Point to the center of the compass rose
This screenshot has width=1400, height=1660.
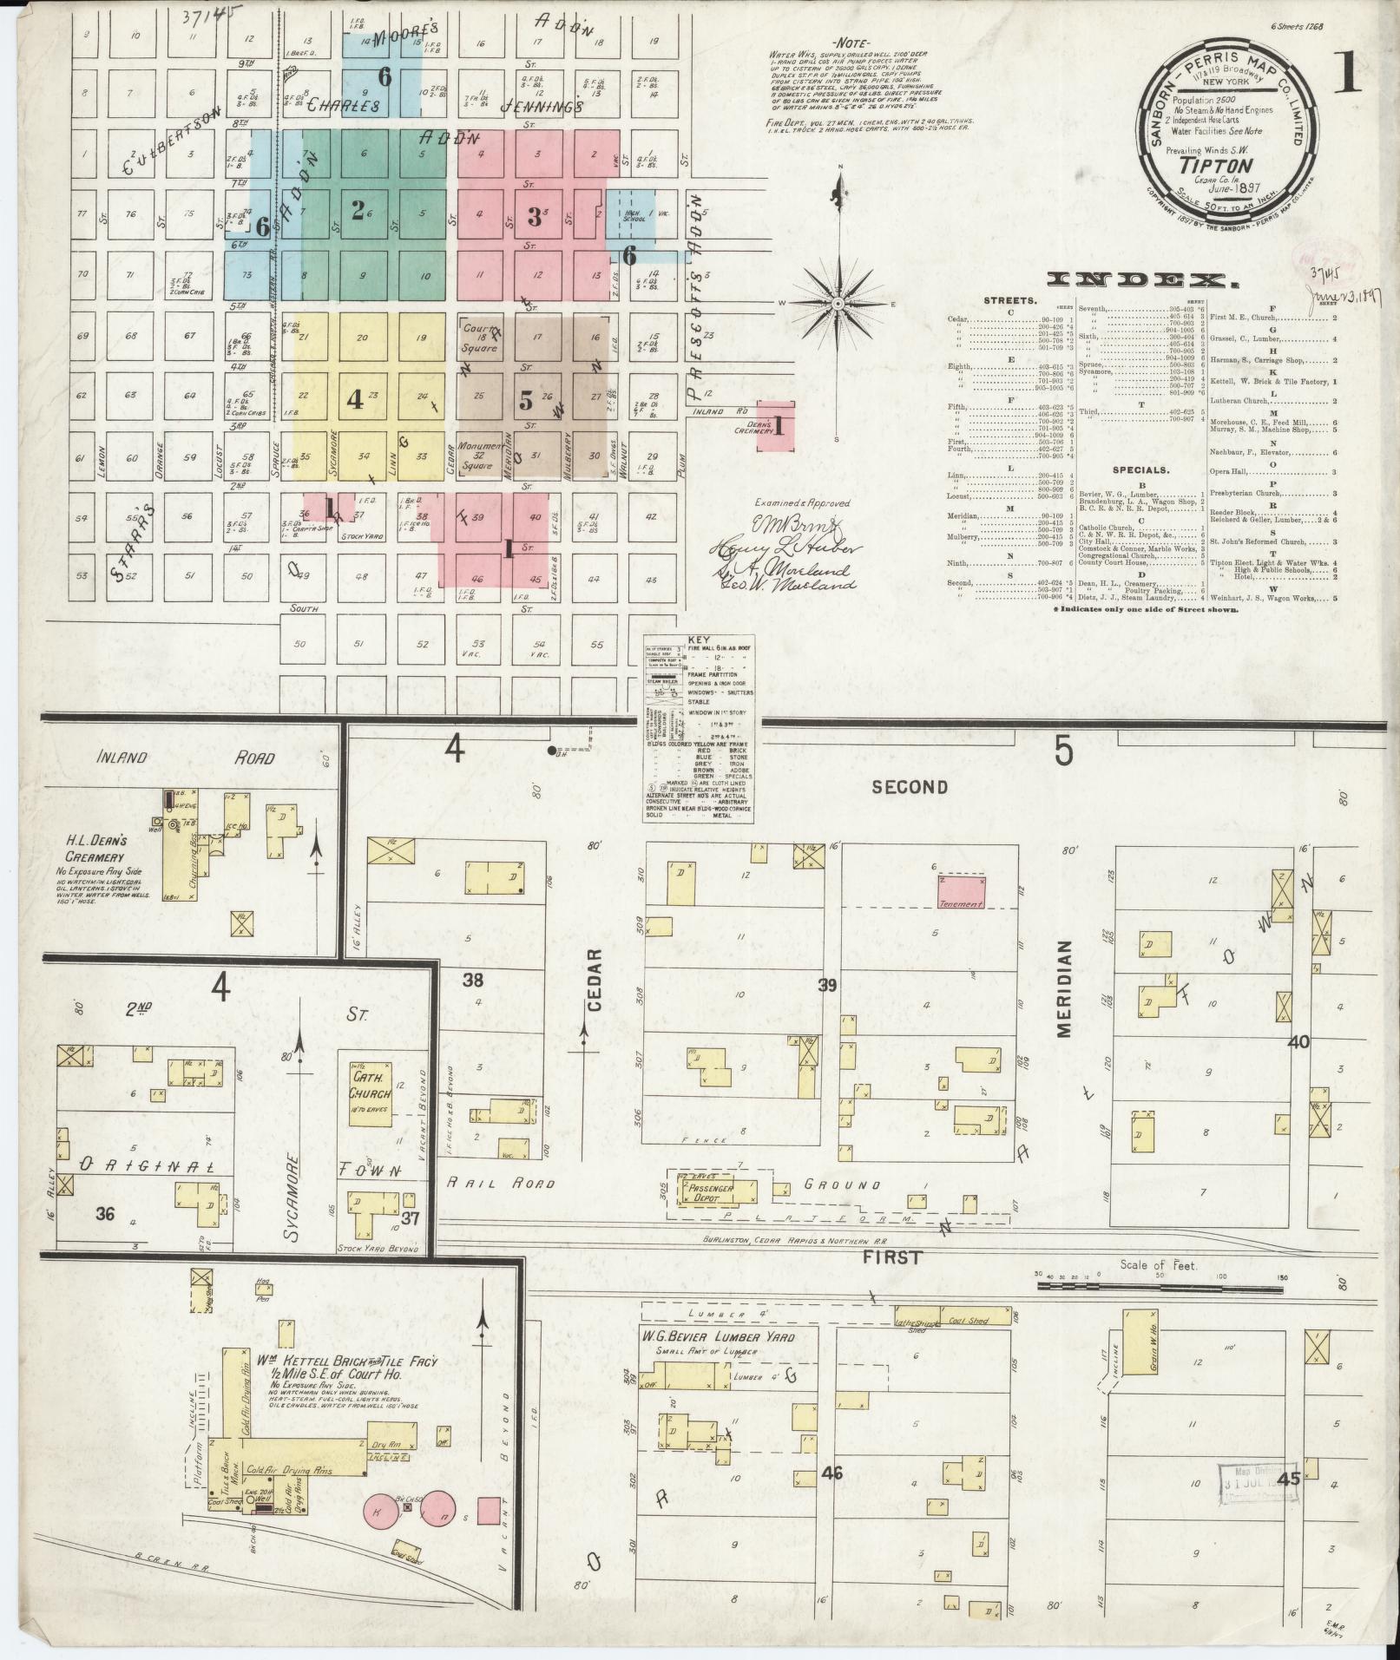pos(838,304)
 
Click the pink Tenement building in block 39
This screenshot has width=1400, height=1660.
pos(962,892)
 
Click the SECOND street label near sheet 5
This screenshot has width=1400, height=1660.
pos(909,786)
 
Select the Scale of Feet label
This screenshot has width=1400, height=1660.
pos(1158,1265)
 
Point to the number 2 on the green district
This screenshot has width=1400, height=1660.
pos(357,210)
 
